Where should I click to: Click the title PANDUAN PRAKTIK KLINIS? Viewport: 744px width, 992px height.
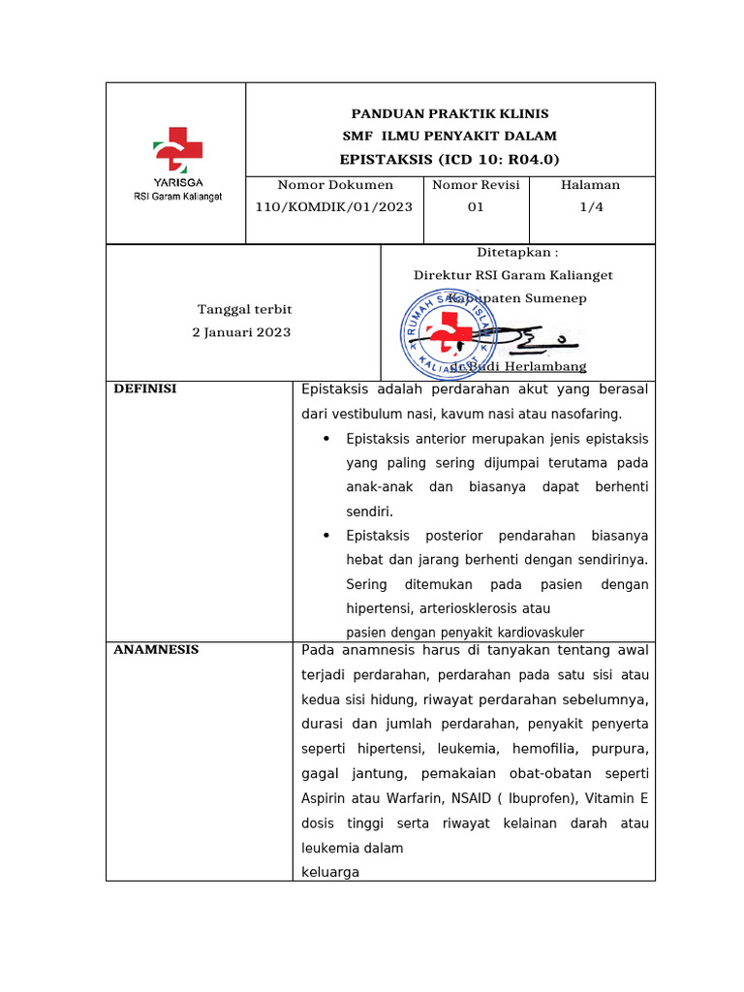[x=449, y=114]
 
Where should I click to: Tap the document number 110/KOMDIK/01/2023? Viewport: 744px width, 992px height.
[x=334, y=206]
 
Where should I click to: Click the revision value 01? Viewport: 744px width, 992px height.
[x=476, y=206]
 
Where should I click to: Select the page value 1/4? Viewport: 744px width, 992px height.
[x=591, y=206]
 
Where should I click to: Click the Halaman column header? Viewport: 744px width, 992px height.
[x=591, y=184]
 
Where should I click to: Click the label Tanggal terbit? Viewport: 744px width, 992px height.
[x=244, y=308]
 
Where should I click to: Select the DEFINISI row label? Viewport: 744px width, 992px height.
[x=145, y=388]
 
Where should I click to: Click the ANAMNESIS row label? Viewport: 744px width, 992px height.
[x=156, y=649]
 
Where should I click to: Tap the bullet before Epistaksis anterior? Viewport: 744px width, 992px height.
[x=326, y=439]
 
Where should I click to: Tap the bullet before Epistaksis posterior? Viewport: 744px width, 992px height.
[x=326, y=536]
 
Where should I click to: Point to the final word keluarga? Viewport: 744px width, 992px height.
[x=330, y=872]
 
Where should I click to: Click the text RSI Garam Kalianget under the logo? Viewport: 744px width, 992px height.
[x=177, y=197]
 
